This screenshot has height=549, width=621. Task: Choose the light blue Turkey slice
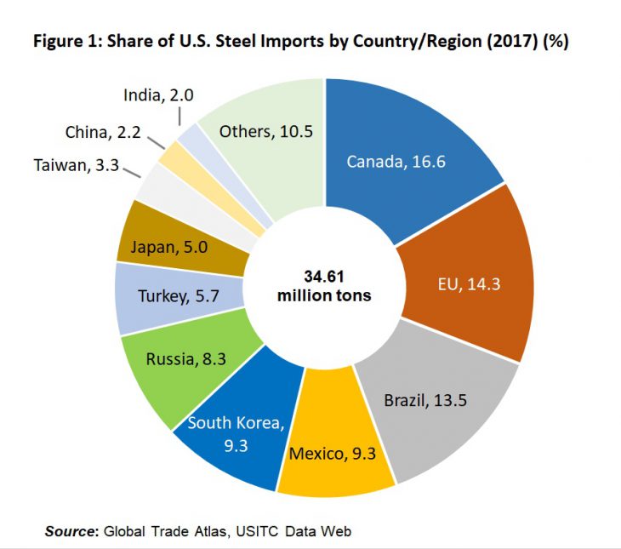tap(171, 297)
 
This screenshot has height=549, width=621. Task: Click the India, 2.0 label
tap(158, 95)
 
